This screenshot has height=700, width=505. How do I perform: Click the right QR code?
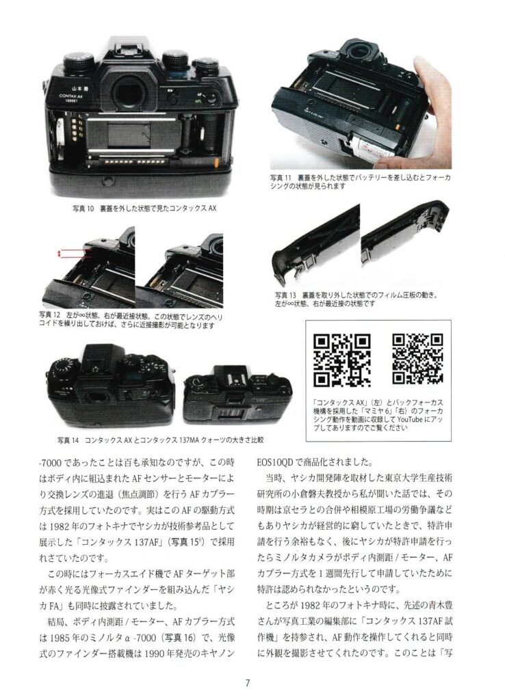[418, 358]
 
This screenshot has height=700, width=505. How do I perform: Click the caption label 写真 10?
[83, 208]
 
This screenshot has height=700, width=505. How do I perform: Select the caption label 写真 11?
[281, 178]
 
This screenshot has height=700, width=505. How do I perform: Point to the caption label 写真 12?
[49, 315]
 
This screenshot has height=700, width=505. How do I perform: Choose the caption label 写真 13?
[285, 295]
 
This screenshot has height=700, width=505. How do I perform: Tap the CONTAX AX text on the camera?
[71, 96]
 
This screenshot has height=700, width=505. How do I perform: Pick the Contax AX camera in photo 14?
[112, 388]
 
